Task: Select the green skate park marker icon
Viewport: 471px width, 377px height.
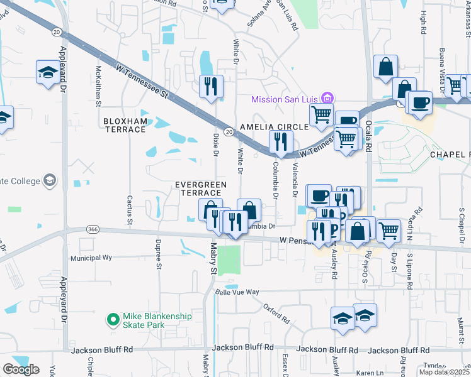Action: (x=113, y=320)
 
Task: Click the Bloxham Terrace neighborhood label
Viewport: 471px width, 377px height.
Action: (x=126, y=124)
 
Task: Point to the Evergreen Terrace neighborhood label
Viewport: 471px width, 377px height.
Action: (x=198, y=188)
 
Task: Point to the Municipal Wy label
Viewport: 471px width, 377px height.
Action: (x=91, y=258)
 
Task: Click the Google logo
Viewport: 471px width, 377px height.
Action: (x=21, y=369)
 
